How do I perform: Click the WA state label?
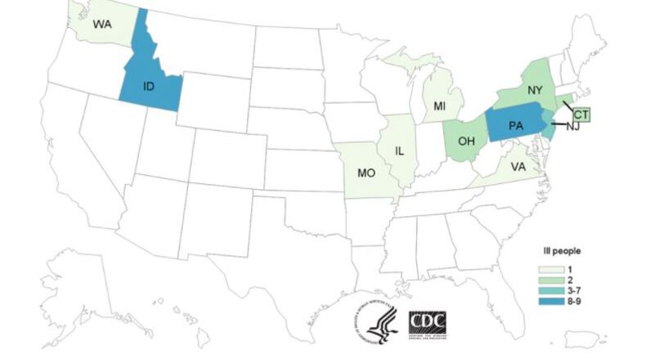coord(101,25)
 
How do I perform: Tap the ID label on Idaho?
coord(150,84)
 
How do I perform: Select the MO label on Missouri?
coord(367,173)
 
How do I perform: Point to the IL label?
coord(400,151)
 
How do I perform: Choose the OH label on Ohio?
coord(466,141)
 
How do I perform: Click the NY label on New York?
coord(536,89)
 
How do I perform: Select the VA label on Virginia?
coord(518,166)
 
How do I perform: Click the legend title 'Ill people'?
coord(563,251)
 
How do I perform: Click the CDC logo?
coord(426,323)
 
